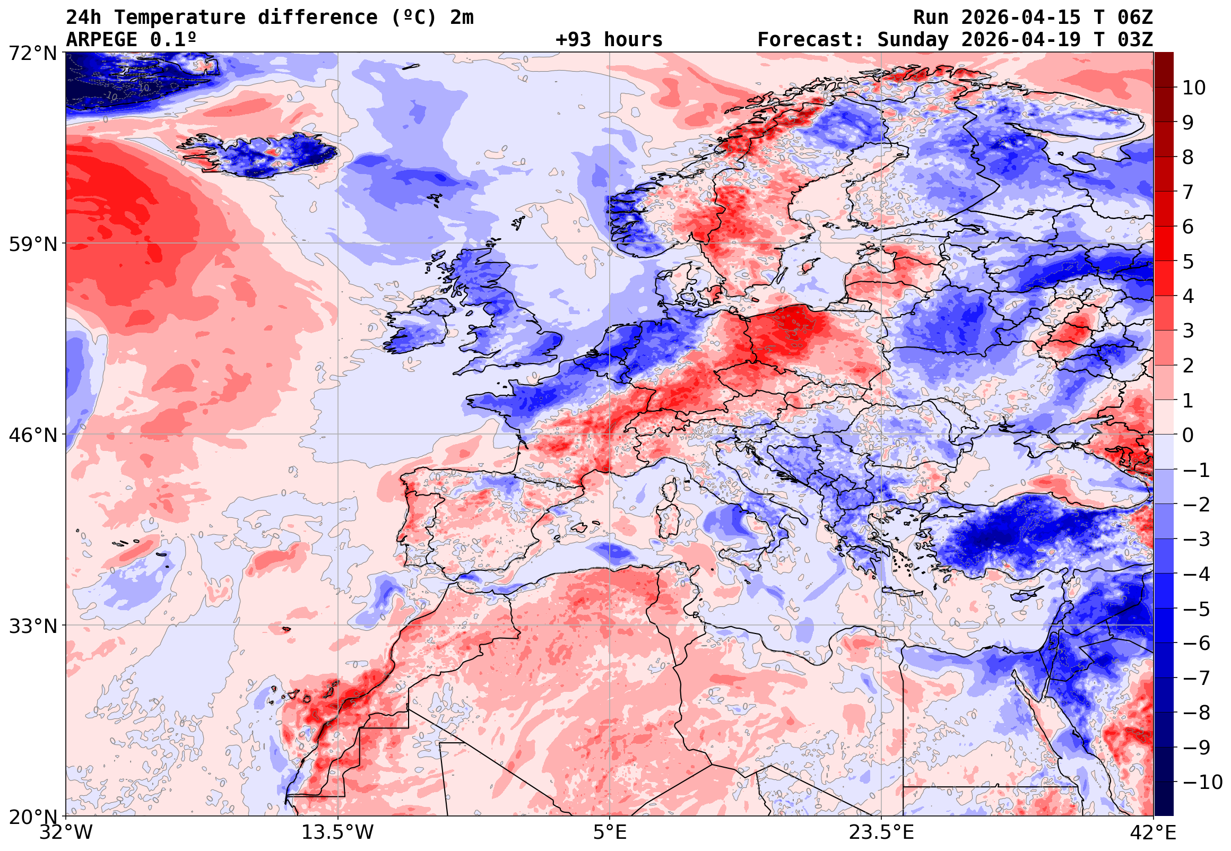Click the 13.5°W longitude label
point(338,833)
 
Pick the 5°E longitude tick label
point(610,833)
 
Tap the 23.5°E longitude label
point(881,833)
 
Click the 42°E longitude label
point(1152,833)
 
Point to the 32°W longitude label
point(66,833)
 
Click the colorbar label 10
point(1194,88)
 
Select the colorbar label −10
point(1202,782)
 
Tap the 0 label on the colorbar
point(1188,435)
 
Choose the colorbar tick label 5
point(1188,262)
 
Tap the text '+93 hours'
point(609,40)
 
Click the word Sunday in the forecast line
point(913,40)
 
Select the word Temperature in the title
point(179,18)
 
